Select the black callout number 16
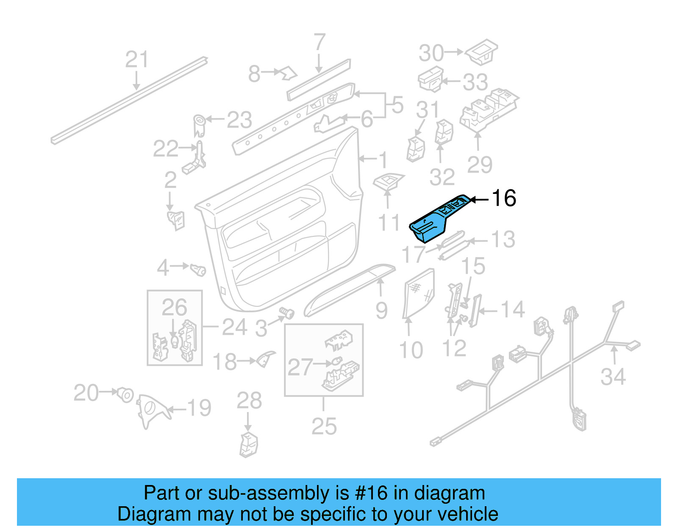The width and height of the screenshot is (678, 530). click(503, 198)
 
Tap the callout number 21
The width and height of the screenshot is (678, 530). click(136, 59)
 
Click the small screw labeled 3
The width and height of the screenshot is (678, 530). click(288, 314)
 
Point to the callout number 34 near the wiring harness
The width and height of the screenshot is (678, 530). click(613, 377)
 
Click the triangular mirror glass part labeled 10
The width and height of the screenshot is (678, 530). click(419, 293)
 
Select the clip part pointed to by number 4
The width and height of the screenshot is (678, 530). click(198, 269)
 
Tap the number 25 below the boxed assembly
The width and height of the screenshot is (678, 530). click(324, 426)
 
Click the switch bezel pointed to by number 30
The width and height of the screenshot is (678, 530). click(482, 52)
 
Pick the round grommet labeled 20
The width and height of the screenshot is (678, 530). click(125, 394)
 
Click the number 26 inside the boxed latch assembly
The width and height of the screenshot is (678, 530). click(174, 307)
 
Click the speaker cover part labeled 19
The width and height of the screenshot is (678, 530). click(152, 409)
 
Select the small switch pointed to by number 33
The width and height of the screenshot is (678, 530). click(430, 79)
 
